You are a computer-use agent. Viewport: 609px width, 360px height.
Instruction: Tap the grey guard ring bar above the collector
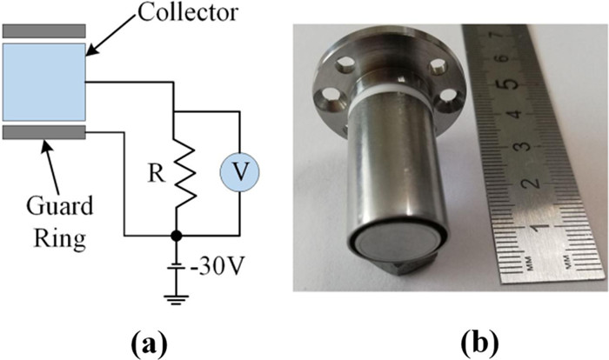point(44,30)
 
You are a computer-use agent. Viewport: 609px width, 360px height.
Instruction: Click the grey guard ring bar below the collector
point(44,132)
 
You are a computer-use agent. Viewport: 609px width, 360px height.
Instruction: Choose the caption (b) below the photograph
point(447,338)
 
